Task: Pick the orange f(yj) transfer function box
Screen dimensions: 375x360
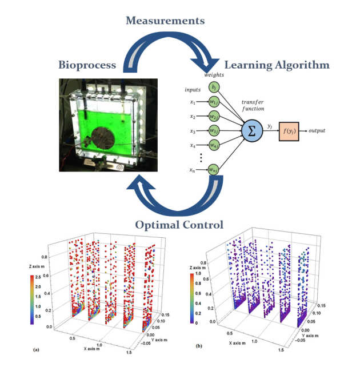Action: point(292,131)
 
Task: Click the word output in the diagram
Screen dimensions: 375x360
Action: point(317,131)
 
